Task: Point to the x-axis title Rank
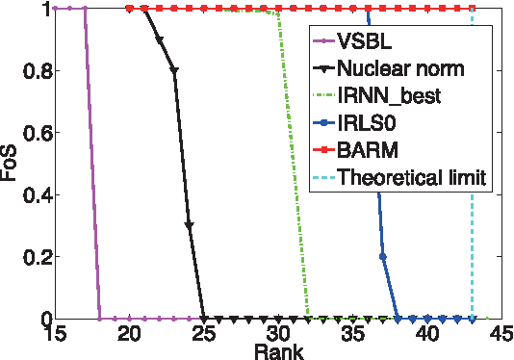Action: [279, 350]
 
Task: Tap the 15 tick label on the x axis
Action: [55, 333]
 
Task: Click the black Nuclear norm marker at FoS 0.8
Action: [174, 70]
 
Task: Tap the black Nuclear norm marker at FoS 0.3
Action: [189, 225]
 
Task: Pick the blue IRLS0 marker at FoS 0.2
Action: [383, 256]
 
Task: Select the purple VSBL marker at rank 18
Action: [100, 318]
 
